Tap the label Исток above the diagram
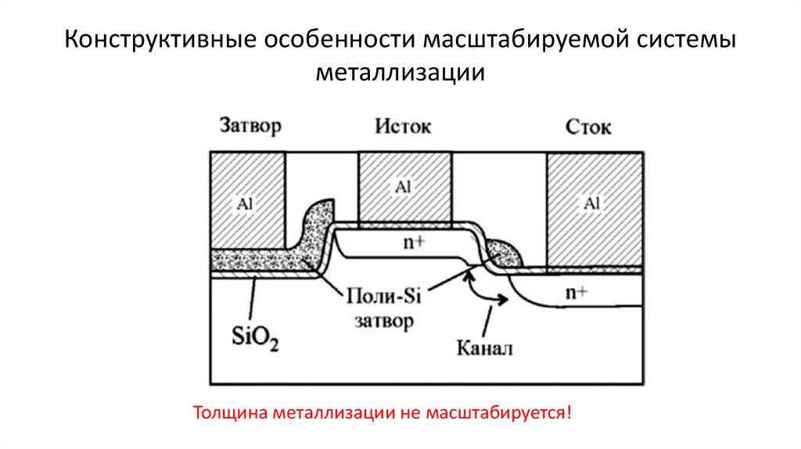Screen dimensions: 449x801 click(x=403, y=127)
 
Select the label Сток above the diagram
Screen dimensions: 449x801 click(x=587, y=127)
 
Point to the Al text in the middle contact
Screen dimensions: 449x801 click(x=404, y=187)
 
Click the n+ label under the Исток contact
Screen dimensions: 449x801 click(x=414, y=242)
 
